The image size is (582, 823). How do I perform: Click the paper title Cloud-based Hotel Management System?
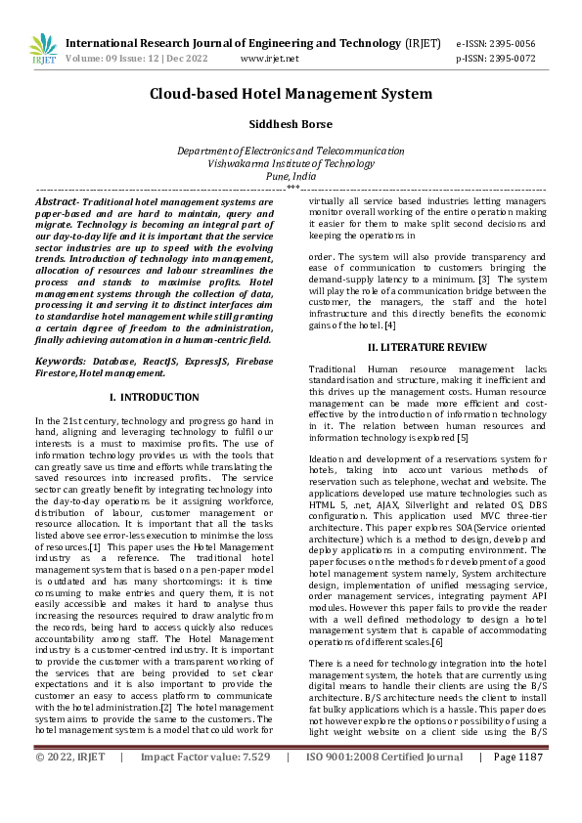click(x=291, y=94)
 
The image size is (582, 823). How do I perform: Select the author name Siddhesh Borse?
click(x=291, y=125)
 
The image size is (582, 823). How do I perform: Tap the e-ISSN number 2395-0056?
click(x=510, y=44)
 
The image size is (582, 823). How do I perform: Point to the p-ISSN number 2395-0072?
click(x=510, y=59)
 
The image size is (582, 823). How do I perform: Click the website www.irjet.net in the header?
click(x=269, y=59)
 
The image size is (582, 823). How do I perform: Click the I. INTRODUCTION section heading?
click(x=154, y=397)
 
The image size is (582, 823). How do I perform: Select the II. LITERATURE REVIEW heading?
click(x=426, y=347)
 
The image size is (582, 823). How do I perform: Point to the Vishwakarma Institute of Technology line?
click(x=291, y=164)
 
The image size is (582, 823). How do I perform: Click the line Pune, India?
click(x=291, y=177)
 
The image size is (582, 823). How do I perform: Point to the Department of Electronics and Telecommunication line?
click(x=291, y=152)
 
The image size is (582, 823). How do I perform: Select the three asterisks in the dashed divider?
click(x=291, y=187)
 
